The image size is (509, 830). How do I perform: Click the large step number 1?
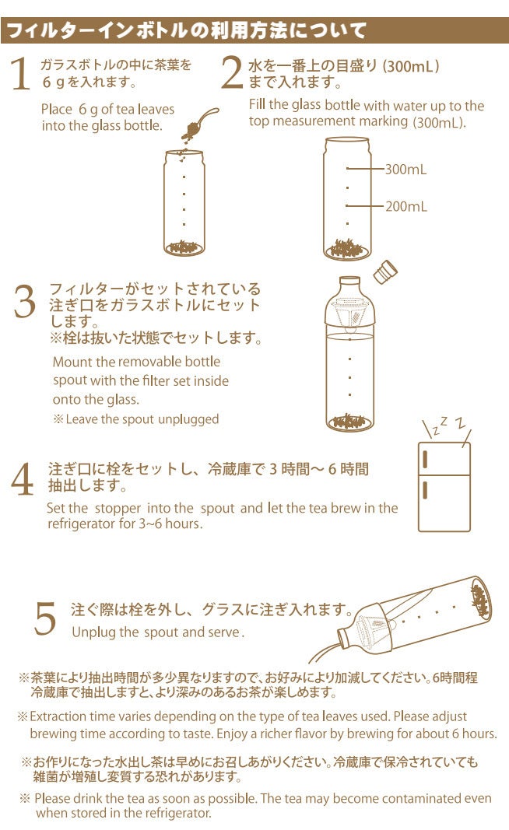(x=20, y=74)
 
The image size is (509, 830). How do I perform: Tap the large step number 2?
(x=232, y=72)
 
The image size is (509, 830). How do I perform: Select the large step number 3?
(x=25, y=301)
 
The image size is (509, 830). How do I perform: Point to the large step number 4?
(x=23, y=479)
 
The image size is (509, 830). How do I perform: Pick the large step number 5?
(x=45, y=618)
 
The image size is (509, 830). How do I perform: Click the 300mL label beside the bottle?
(x=405, y=170)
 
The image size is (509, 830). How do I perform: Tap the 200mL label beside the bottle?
(x=405, y=206)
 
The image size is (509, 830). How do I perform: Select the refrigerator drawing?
(x=444, y=486)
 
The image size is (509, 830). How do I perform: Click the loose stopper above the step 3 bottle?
(x=385, y=271)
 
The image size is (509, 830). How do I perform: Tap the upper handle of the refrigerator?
(x=425, y=460)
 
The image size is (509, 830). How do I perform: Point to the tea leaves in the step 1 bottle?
(x=184, y=247)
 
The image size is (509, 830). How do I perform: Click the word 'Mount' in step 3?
(x=72, y=362)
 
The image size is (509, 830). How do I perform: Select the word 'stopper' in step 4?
(x=118, y=508)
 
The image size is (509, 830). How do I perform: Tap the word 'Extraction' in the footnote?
(x=58, y=716)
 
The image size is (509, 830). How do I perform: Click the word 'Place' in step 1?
(x=57, y=110)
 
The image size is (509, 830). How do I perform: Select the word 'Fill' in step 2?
(x=257, y=105)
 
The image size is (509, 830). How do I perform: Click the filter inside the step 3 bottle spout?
(x=349, y=313)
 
